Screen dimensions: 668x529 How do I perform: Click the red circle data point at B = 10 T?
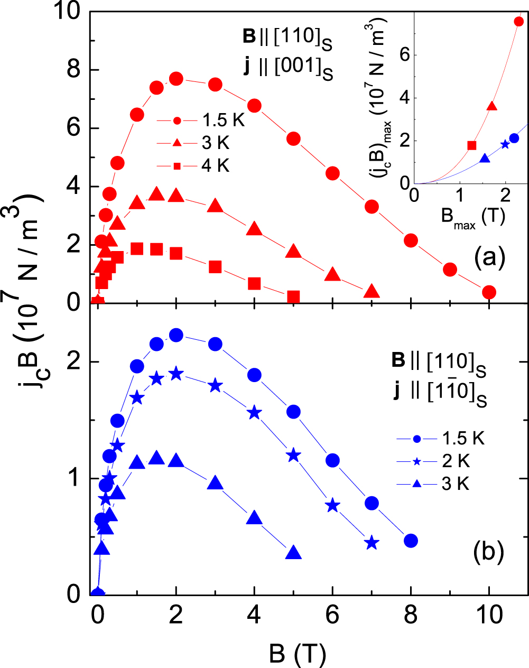click(489, 292)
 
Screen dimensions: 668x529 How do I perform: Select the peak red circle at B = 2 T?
click(176, 79)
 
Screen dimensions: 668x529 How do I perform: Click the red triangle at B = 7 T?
click(372, 292)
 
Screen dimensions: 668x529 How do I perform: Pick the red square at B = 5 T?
click(294, 296)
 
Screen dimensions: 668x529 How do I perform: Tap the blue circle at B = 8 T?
click(411, 541)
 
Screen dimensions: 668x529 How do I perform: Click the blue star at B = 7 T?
click(372, 543)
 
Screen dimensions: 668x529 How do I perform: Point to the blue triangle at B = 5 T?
click(294, 553)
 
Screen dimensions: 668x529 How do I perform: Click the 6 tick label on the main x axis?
click(332, 616)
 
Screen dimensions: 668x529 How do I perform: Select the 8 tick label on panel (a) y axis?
click(74, 70)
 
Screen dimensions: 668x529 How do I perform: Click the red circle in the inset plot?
click(518, 21)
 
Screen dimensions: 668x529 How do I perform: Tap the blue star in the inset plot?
click(505, 144)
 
